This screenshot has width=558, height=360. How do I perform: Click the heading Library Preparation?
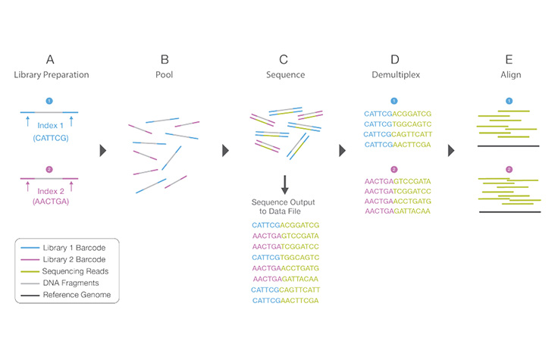pyautogui.click(x=51, y=75)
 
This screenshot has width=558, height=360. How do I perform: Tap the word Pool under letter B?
pyautogui.click(x=165, y=75)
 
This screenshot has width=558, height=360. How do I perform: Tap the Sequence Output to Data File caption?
pyautogui.click(x=283, y=208)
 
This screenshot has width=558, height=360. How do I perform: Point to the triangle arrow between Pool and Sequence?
pyautogui.click(x=225, y=150)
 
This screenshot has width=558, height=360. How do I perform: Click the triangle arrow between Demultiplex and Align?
pyautogui.click(x=451, y=150)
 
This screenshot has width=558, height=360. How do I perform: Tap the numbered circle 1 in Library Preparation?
pyautogui.click(x=51, y=100)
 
